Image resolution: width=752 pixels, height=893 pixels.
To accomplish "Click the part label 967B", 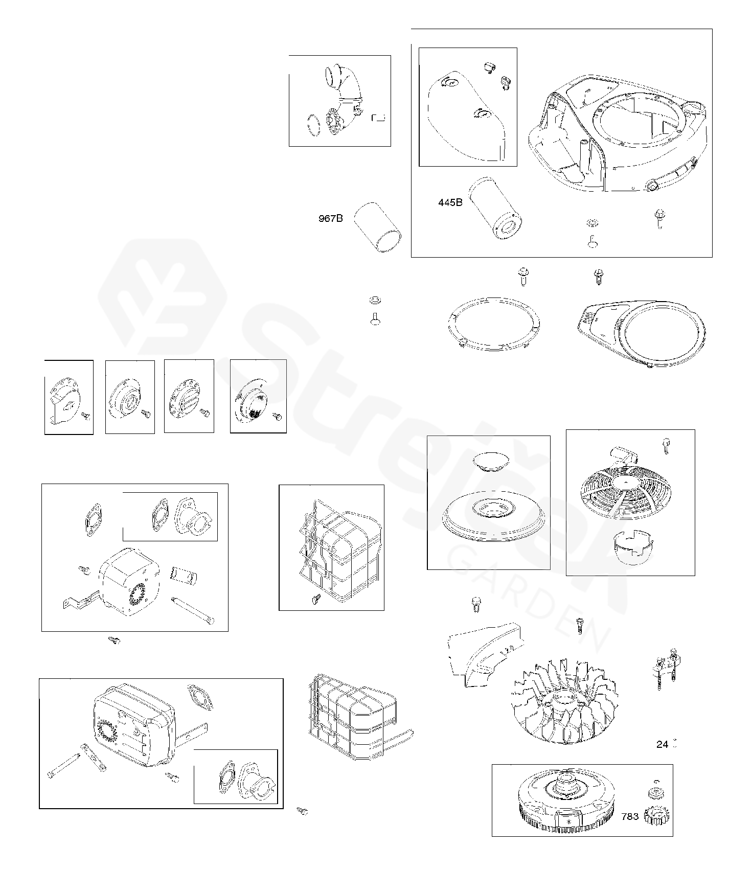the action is tap(331, 219).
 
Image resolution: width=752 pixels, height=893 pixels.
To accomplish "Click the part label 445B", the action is tap(450, 202).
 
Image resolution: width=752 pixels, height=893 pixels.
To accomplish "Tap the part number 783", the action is tap(630, 816).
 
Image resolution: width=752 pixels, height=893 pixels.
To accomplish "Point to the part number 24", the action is tap(662, 744).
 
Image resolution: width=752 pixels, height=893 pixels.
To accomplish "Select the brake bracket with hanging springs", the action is tap(665, 668).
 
